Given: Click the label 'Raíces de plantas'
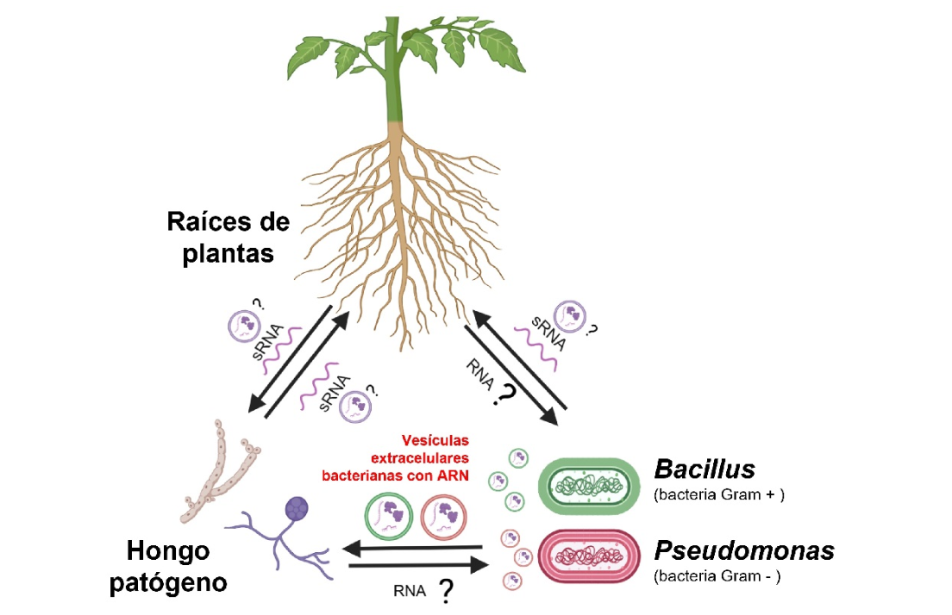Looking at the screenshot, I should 229,238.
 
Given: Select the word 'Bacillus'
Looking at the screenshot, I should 705,469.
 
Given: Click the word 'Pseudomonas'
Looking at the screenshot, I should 743,550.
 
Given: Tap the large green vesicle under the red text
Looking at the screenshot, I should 387,516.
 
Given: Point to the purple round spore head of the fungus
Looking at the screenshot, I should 297,509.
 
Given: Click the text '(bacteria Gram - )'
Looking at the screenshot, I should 717,576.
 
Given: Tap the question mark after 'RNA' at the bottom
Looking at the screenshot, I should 446,592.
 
